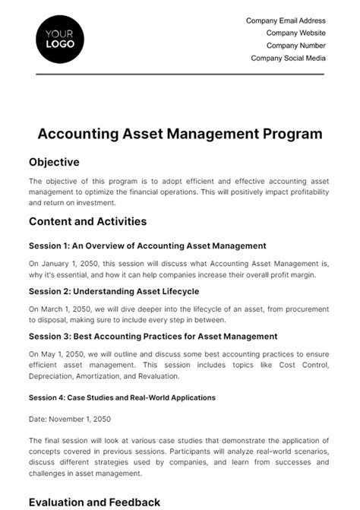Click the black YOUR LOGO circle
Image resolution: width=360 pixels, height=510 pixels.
click(60, 39)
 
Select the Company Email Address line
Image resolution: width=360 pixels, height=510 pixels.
click(286, 21)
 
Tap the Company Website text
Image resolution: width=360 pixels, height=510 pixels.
click(295, 33)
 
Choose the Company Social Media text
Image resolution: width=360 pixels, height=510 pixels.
click(288, 58)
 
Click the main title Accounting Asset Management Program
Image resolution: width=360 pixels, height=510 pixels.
click(180, 134)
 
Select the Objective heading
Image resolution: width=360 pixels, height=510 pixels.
click(54, 162)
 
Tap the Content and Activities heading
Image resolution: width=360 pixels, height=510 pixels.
click(87, 222)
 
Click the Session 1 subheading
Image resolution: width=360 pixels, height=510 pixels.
click(147, 245)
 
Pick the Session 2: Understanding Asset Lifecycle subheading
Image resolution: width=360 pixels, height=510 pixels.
click(114, 291)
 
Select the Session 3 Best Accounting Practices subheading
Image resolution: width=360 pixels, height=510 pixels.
click(153, 336)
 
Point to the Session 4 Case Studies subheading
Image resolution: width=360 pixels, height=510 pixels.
click(122, 397)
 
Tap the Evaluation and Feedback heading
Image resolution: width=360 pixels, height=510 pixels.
click(94, 502)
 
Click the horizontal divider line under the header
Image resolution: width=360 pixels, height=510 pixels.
click(180, 74)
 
